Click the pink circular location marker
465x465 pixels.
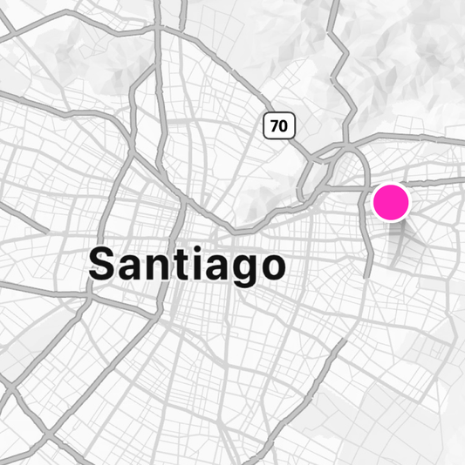tap(391, 202)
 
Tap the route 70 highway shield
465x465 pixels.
tap(279, 125)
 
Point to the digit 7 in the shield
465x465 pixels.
tap(274, 125)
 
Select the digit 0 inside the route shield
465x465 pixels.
tap(284, 125)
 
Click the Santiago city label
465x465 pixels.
tap(188, 264)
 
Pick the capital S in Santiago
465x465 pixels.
tap(104, 264)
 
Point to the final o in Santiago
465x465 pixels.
tap(270, 267)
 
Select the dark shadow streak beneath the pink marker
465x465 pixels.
tap(400, 248)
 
